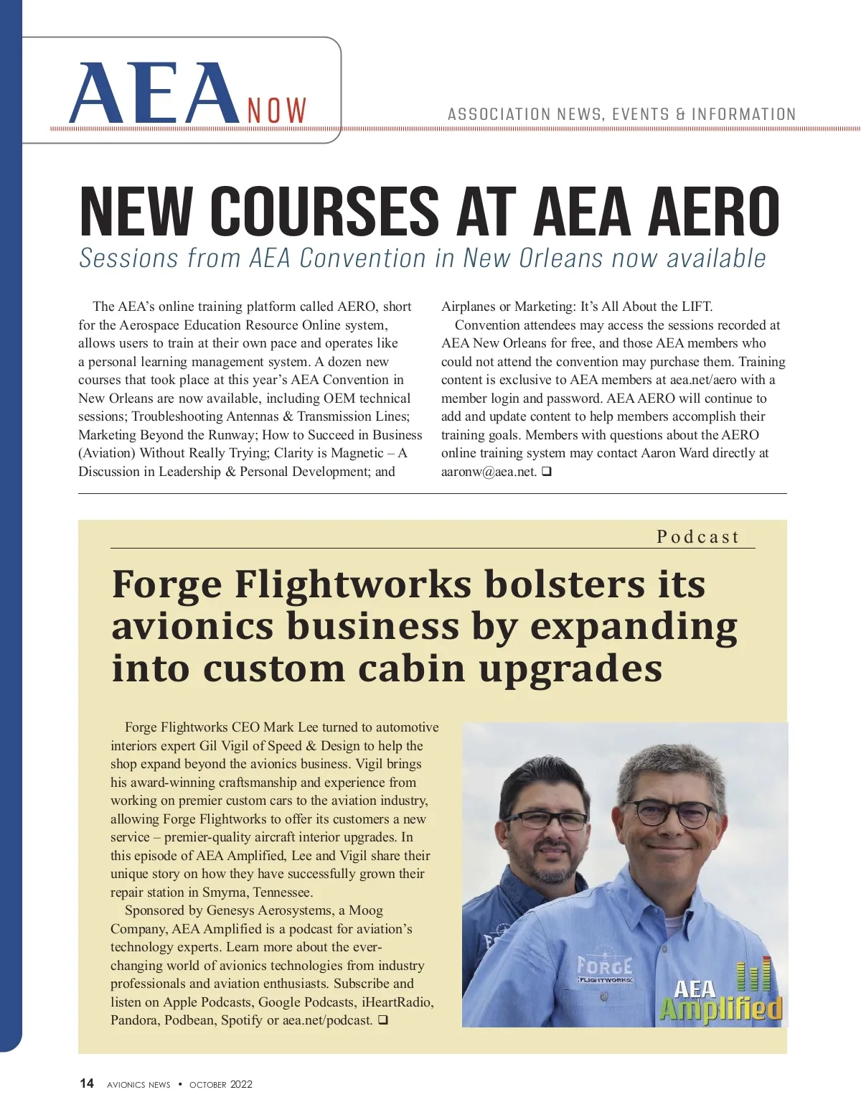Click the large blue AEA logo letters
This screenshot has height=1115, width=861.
[x=154, y=95]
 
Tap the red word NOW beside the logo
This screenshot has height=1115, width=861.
[x=277, y=111]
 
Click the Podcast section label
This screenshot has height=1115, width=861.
[x=697, y=537]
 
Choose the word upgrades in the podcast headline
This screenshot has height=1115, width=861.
[x=570, y=668]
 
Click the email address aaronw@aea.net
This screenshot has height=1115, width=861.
[x=489, y=472]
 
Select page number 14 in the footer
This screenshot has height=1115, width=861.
[x=87, y=1083]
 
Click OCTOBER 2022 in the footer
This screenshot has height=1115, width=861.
[x=221, y=1084]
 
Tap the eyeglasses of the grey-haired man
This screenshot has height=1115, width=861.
[x=671, y=813]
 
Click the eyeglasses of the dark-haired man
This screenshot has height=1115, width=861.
[x=546, y=821]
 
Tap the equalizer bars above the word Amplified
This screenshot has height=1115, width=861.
[x=754, y=975]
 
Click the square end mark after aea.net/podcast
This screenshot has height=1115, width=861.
[x=382, y=1020]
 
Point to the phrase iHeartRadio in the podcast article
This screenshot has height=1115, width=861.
[x=395, y=1002]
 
